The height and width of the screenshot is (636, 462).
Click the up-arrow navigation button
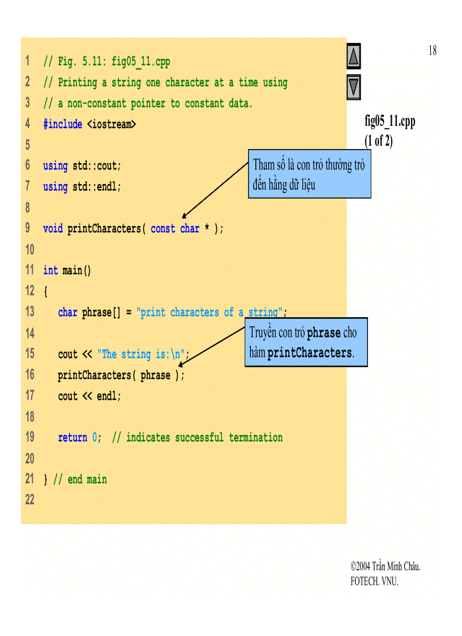[353, 57]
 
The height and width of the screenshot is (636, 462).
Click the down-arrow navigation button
[353, 87]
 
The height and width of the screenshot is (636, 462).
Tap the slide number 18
[432, 51]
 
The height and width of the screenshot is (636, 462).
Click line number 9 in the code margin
[28, 228]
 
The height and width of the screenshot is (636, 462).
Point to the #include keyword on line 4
[63, 124]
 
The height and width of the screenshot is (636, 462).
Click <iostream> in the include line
[111, 124]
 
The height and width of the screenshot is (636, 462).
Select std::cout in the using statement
[96, 166]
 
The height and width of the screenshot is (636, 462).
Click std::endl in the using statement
[96, 186]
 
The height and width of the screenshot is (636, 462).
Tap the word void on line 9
[53, 229]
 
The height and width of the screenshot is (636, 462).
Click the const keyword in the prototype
[162, 229]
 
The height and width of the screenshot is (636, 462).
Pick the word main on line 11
[72, 271]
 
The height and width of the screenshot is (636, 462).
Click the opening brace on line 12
[46, 292]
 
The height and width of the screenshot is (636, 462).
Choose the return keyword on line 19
[72, 438]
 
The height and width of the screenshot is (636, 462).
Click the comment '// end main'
[80, 480]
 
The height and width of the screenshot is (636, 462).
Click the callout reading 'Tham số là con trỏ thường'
[309, 174]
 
